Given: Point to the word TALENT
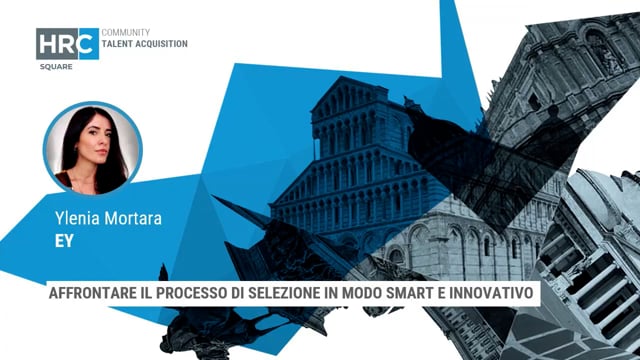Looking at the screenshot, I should (121, 45).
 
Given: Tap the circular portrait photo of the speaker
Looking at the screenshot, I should (93, 146).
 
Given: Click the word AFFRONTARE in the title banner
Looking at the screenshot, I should (98, 295).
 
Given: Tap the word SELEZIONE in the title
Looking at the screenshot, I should (310, 295).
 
